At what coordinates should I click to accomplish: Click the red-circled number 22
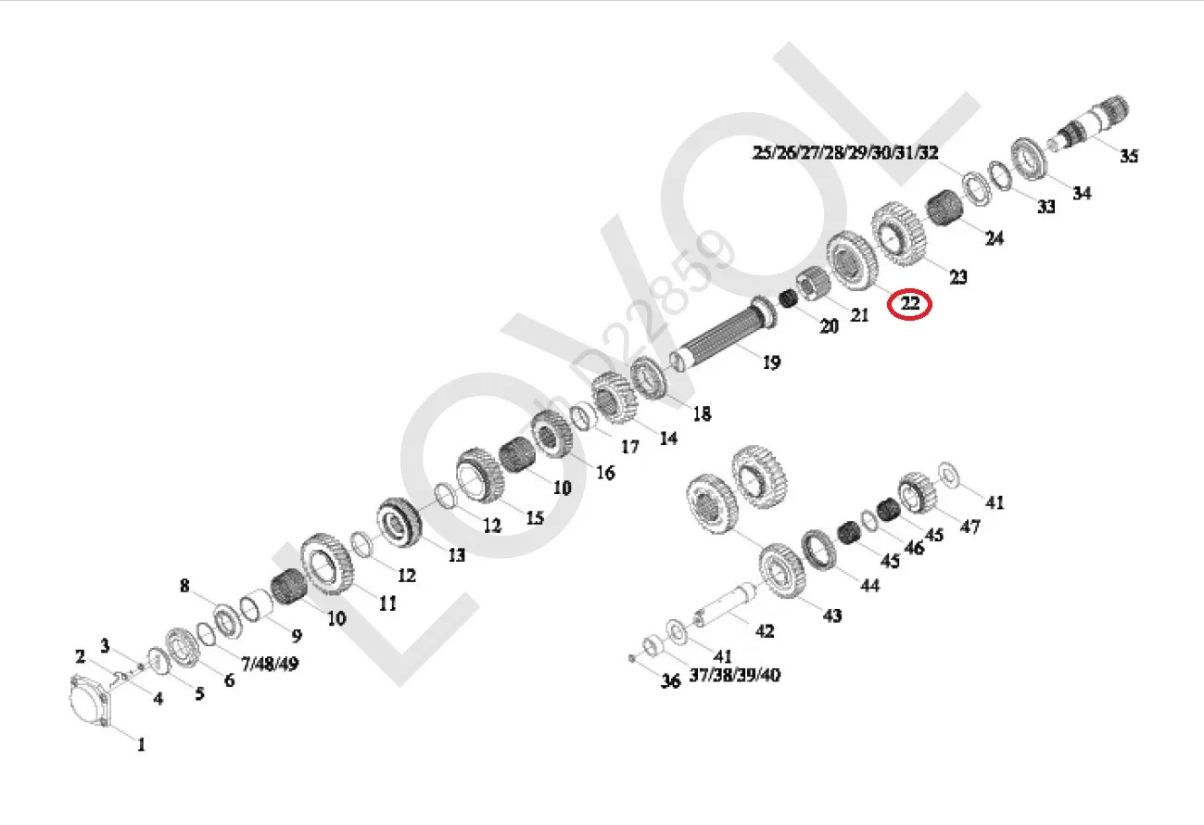tap(909, 302)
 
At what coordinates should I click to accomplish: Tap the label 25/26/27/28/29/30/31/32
tap(845, 153)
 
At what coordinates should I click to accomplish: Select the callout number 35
tap(1128, 156)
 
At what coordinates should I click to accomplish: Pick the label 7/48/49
tap(269, 664)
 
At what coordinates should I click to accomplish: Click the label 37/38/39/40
tap(734, 675)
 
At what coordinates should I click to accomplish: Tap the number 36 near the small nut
tap(670, 681)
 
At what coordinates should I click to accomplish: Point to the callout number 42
tap(764, 630)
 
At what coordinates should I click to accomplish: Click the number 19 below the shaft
tap(771, 362)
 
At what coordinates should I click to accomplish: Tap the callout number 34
tap(1082, 193)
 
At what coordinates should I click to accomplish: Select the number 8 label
tap(184, 586)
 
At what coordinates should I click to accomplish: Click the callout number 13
tap(456, 555)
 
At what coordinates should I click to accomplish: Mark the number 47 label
tap(970, 527)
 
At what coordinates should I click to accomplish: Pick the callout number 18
tap(702, 414)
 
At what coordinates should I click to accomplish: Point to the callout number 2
tap(82, 656)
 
